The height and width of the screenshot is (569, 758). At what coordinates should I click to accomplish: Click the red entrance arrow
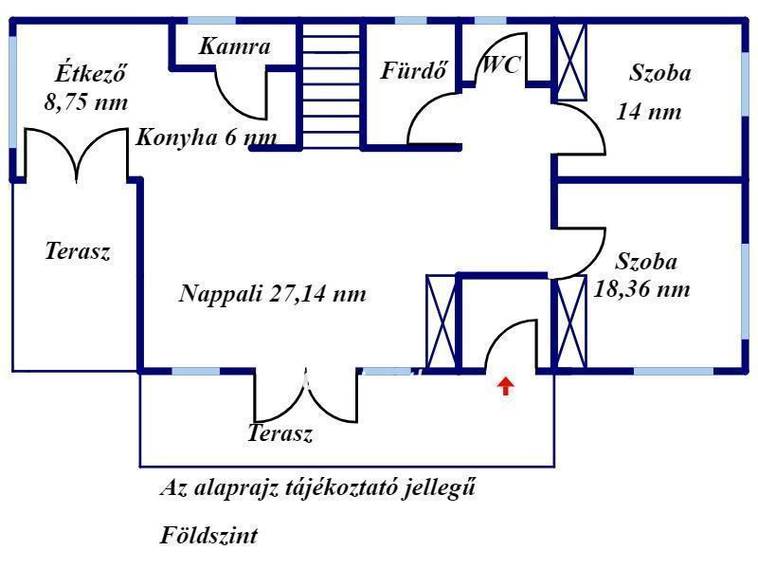coord(506,386)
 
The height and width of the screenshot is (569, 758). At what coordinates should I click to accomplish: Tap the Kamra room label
coord(234,46)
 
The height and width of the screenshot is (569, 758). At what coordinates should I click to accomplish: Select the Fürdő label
coord(414,70)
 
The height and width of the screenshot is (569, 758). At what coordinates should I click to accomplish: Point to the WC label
coord(502,64)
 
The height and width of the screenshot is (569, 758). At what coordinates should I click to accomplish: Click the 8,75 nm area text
coord(86,102)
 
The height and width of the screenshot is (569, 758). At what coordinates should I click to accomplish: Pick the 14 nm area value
coord(649,112)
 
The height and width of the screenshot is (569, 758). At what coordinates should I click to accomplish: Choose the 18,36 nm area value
coord(641,289)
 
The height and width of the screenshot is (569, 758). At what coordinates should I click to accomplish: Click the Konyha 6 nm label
coord(207,138)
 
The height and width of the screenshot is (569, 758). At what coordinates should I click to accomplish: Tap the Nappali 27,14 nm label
coord(272,294)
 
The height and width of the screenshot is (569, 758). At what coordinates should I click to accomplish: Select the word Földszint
coord(208,536)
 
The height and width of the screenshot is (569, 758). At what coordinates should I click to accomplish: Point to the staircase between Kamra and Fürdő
coord(331,85)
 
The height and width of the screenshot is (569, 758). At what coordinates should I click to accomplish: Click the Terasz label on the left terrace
coord(78,251)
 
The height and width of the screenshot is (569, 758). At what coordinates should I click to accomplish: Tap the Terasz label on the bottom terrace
coord(280,433)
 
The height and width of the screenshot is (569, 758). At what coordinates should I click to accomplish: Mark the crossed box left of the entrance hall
coord(441,321)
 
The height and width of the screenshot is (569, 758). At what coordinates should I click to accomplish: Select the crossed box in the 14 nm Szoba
coord(572,63)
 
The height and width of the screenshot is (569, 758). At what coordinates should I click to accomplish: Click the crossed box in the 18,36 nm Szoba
coord(572,322)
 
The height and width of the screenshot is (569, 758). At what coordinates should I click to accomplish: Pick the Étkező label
coord(91,73)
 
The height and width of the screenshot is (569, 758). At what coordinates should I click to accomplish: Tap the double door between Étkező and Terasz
coord(77,155)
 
